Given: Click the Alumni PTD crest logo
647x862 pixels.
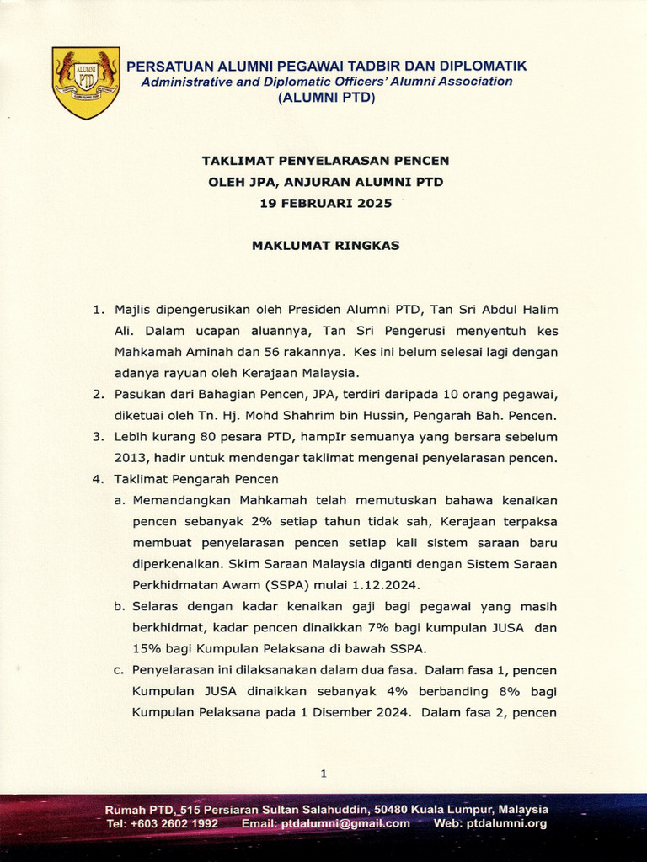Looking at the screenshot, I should click(x=85, y=82).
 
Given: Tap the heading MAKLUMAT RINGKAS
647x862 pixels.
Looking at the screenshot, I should click(x=326, y=246).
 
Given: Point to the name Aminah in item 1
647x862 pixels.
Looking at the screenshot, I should click(x=219, y=351).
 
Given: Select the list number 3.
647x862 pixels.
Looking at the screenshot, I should click(x=98, y=437).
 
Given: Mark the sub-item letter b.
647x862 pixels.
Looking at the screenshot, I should click(x=120, y=606).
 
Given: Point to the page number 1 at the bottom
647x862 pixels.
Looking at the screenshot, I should click(x=323, y=773).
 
